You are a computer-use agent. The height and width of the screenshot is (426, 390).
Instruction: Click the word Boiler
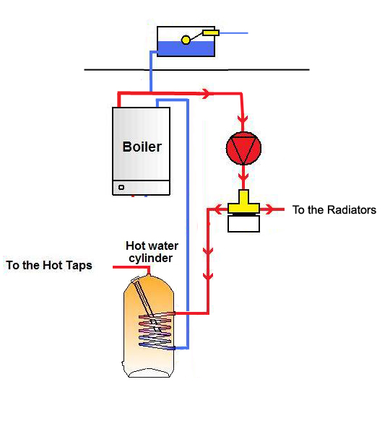coord(142,147)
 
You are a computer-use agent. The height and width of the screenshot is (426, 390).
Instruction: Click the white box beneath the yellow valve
coord(243,224)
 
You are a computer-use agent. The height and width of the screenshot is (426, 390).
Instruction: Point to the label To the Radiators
coord(334,210)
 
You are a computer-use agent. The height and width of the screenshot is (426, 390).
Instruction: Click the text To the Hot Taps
coord(49,265)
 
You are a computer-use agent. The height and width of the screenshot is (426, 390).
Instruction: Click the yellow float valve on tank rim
coord(210,32)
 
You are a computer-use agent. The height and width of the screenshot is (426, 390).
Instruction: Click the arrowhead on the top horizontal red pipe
coord(209,94)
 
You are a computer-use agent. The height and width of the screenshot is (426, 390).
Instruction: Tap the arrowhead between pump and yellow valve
coord(243,175)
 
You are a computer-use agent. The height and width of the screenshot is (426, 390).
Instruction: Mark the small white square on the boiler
coord(121,187)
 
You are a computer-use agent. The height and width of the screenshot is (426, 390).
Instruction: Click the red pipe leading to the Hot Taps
coord(130,267)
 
